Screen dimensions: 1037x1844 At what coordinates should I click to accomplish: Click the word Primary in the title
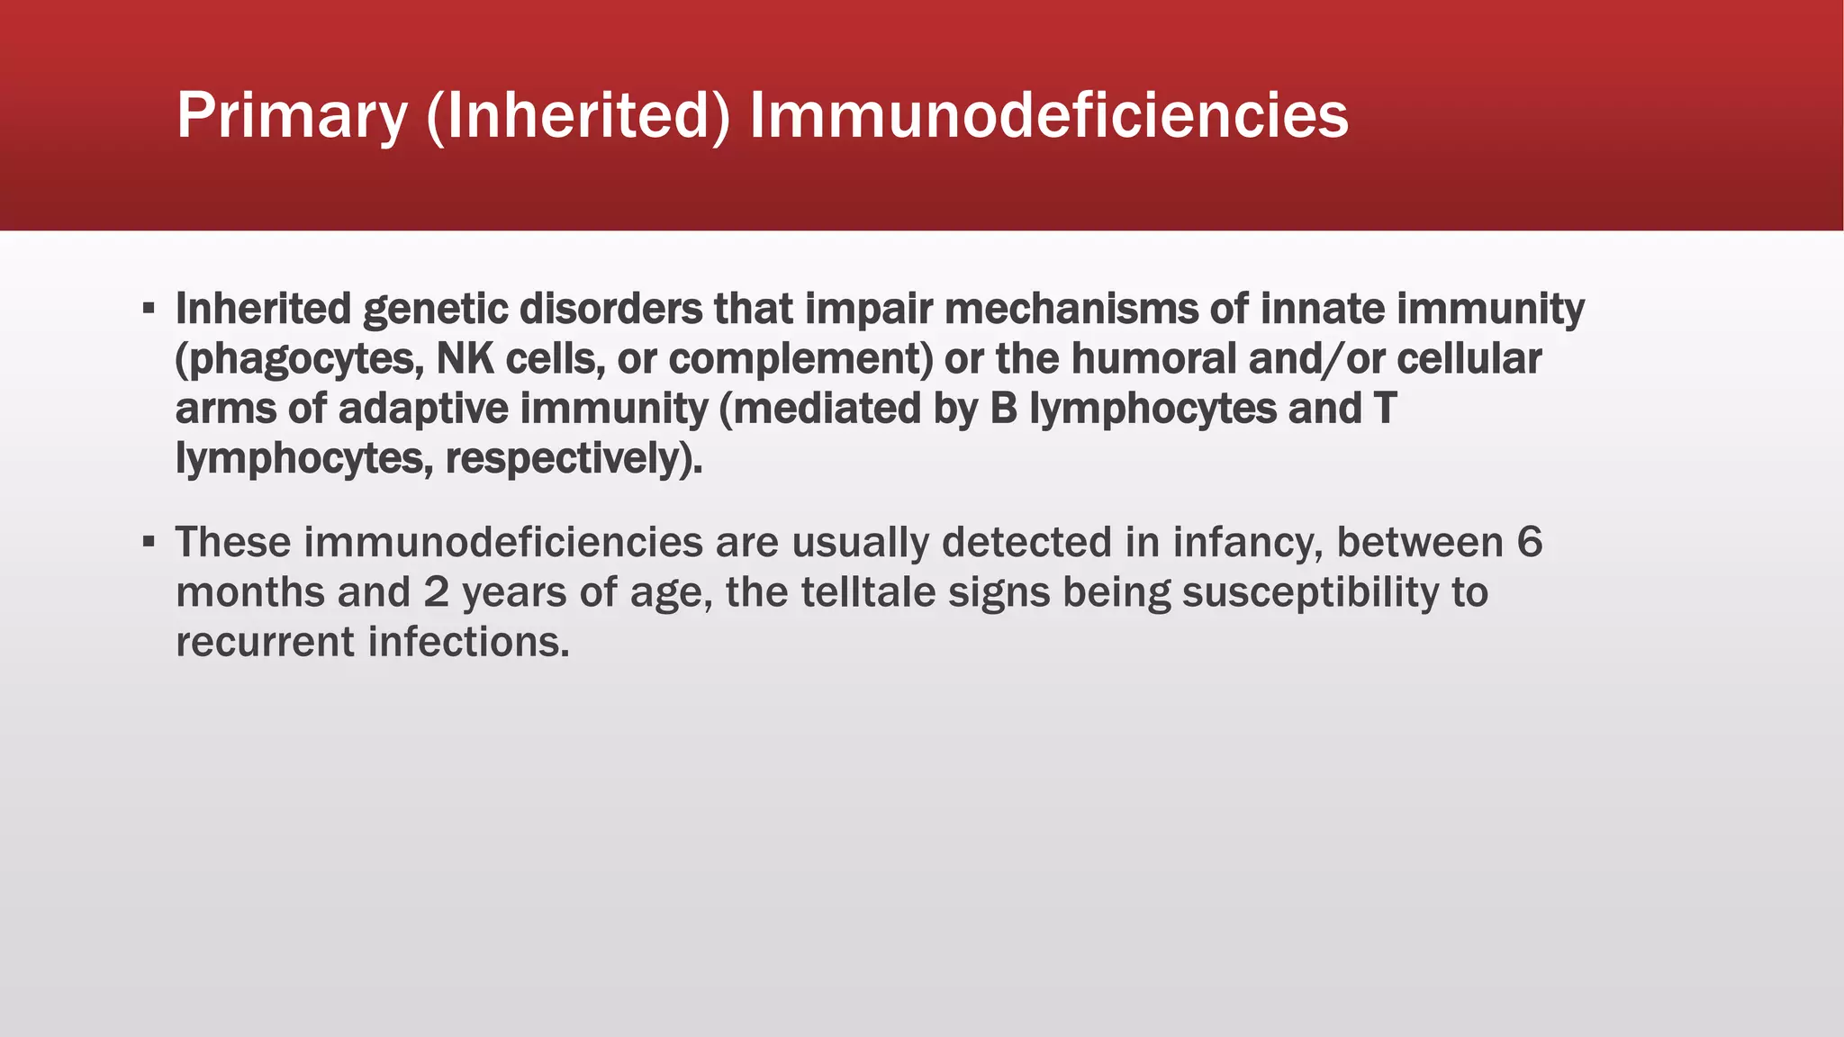coord(292,116)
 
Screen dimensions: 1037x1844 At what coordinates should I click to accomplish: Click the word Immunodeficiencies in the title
coord(1048,116)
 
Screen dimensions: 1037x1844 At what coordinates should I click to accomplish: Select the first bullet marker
coord(149,310)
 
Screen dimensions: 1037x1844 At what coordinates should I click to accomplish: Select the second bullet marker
coord(149,543)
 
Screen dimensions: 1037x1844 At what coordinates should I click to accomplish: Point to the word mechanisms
coord(1071,309)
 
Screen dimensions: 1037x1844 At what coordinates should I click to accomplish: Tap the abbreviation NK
coord(466,358)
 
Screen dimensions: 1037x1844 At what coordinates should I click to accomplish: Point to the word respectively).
coord(574,458)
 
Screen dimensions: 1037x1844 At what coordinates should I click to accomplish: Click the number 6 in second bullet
coord(1529,543)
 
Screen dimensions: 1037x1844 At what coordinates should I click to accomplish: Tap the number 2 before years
coord(436,592)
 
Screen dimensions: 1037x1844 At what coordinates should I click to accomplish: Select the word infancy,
coord(1247,543)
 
